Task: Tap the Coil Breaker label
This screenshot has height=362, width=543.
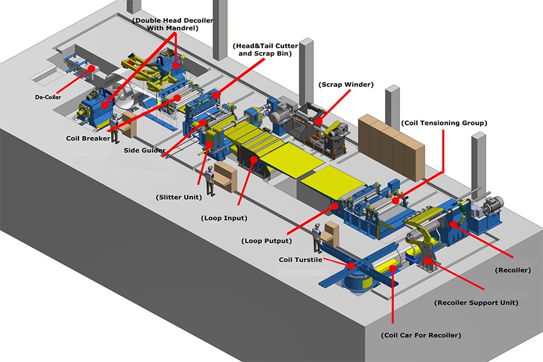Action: pos(88,138)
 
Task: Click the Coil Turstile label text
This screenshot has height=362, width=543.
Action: pos(300,260)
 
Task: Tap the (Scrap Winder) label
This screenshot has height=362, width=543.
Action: pos(346,85)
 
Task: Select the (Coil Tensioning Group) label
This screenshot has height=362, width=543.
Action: pos(443,123)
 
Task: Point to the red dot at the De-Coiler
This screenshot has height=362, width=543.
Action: pos(92,69)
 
